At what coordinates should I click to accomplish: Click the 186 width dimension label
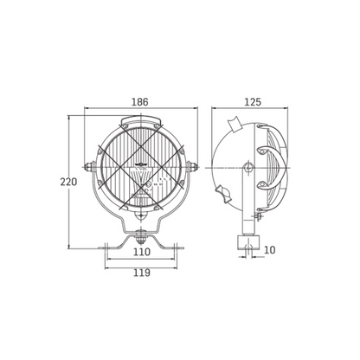pos(140,102)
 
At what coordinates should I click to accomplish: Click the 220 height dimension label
pos(68,182)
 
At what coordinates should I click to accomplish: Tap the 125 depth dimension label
pos(253,102)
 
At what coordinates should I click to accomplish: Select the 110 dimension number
pos(142,252)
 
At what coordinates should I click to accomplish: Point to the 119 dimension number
pos(142,273)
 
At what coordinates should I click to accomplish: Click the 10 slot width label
pos(270,250)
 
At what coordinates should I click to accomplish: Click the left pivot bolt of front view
pos(89,166)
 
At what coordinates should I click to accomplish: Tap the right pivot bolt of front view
pos(192,166)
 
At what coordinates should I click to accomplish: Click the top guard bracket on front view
pos(140,119)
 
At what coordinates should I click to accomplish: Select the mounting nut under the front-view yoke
pos(140,236)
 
